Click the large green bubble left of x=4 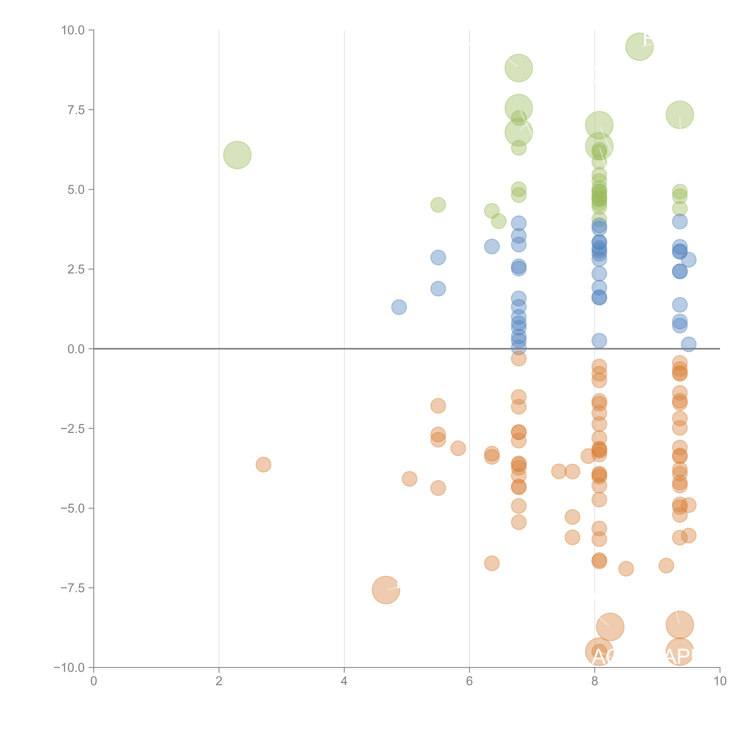click(237, 155)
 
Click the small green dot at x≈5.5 click(438, 205)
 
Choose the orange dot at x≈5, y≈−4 click(409, 479)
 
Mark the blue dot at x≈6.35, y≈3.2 click(491, 246)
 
